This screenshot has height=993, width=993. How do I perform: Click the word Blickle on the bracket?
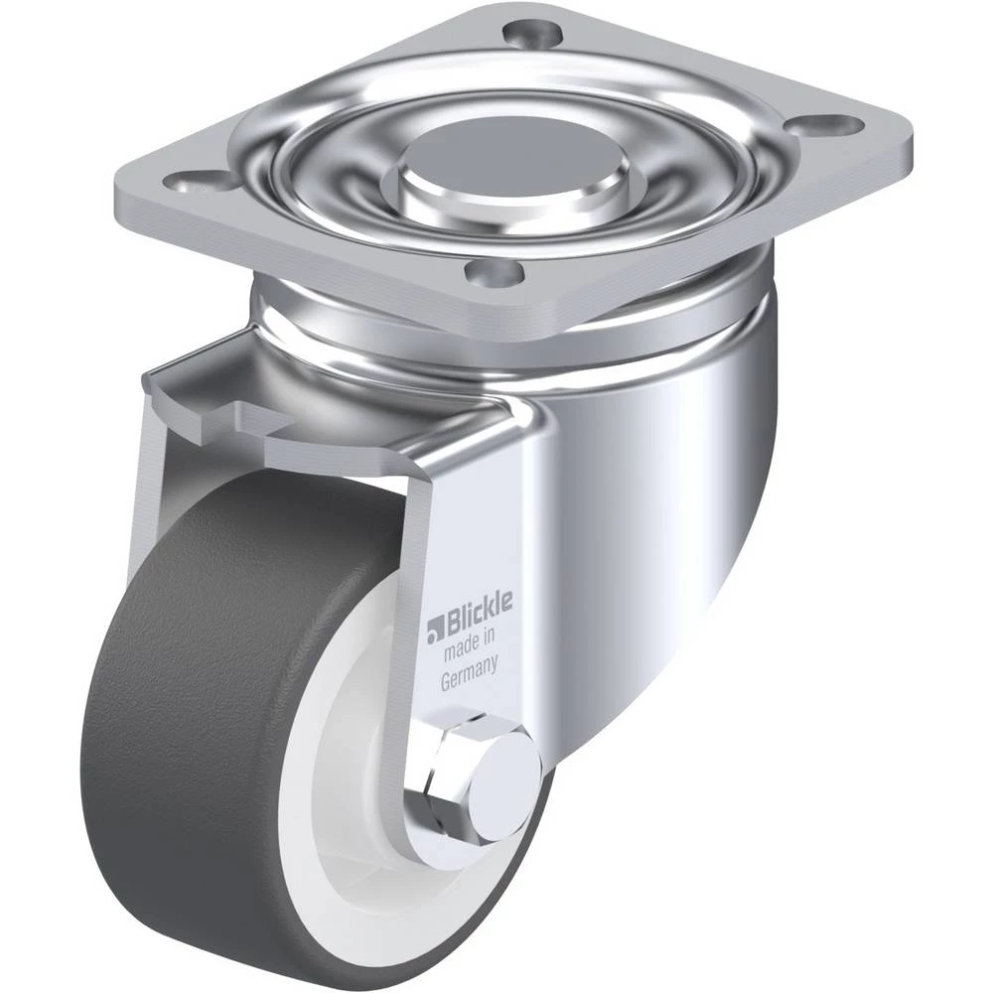480,613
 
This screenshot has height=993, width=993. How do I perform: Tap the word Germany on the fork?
469,672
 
